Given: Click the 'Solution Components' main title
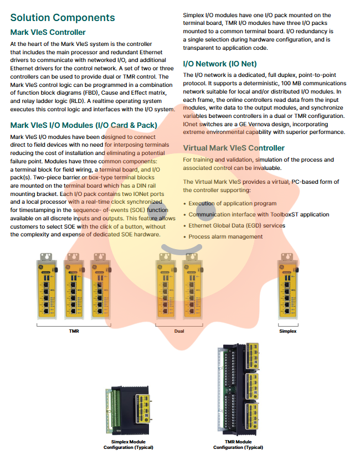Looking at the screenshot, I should point(63,18).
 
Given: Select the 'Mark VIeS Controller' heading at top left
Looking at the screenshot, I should point(48,32).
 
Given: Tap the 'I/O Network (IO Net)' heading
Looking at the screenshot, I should point(219,64).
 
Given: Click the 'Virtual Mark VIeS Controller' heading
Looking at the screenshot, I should point(234,148).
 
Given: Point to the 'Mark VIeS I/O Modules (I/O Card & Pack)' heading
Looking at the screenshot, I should point(84,125).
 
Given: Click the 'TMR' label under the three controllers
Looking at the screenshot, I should point(73,331).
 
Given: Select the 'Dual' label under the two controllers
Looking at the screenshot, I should point(179,331).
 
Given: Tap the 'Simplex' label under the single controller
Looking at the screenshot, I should point(287,331).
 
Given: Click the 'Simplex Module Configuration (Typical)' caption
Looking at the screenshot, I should point(128,445).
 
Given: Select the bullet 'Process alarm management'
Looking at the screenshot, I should point(225,236).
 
